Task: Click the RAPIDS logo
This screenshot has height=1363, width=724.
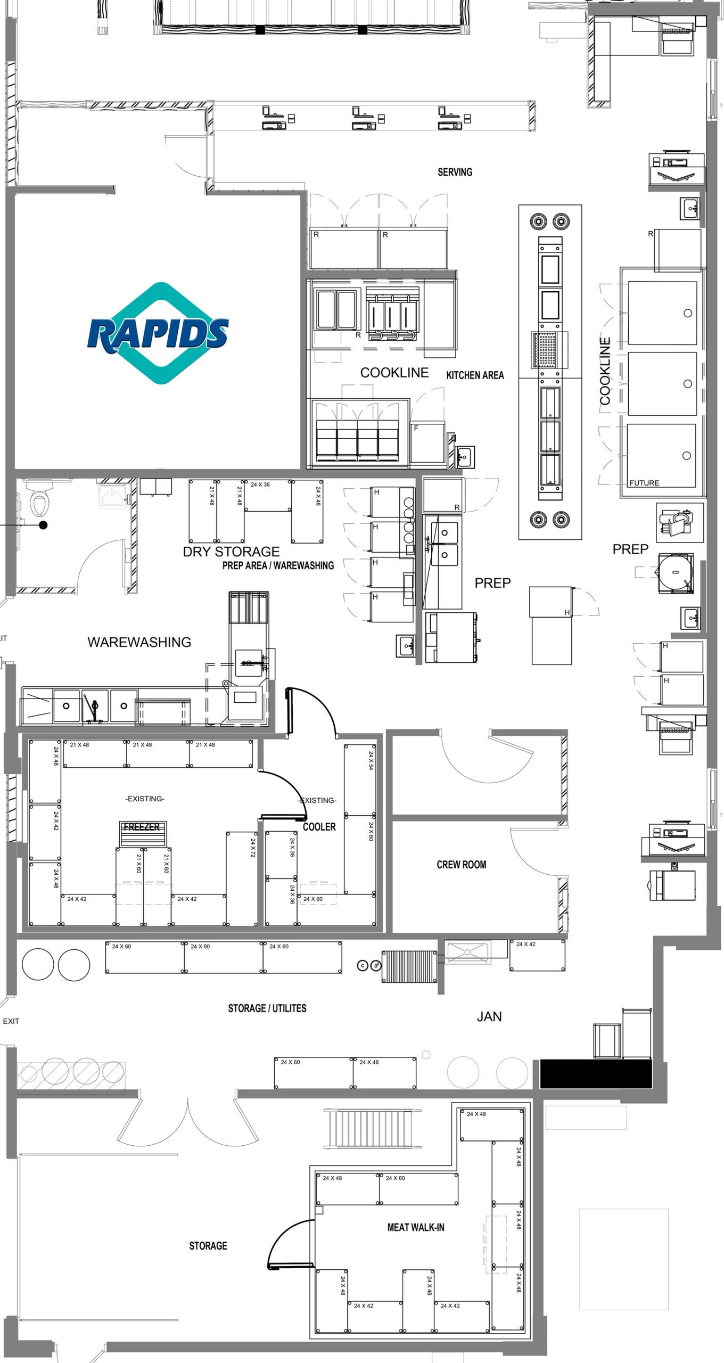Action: [x=158, y=333]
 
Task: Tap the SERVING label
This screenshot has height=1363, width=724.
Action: [x=455, y=172]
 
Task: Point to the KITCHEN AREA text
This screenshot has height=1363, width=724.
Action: [x=475, y=375]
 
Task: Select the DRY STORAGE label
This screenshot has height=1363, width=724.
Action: [x=231, y=552]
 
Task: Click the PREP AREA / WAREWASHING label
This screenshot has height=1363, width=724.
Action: [x=278, y=565]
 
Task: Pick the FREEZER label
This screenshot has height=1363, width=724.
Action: [x=142, y=827]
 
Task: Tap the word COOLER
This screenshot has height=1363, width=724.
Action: [x=319, y=827]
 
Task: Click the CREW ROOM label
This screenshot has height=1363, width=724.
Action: [x=462, y=865]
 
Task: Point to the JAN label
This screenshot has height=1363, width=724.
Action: [x=489, y=1017]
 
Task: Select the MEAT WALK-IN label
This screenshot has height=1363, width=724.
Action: [x=416, y=1227]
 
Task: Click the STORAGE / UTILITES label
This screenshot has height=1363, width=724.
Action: [x=267, y=1008]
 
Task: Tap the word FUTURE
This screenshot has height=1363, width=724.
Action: [x=644, y=483]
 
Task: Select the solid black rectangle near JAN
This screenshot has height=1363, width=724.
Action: [x=596, y=1074]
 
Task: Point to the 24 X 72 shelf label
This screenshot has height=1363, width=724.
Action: [x=253, y=848]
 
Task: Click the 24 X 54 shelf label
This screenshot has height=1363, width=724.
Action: [x=371, y=761]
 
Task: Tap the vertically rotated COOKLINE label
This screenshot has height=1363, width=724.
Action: [x=605, y=372]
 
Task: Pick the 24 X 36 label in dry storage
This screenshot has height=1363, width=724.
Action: [x=260, y=485]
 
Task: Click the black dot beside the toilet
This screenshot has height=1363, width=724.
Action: [x=44, y=525]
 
